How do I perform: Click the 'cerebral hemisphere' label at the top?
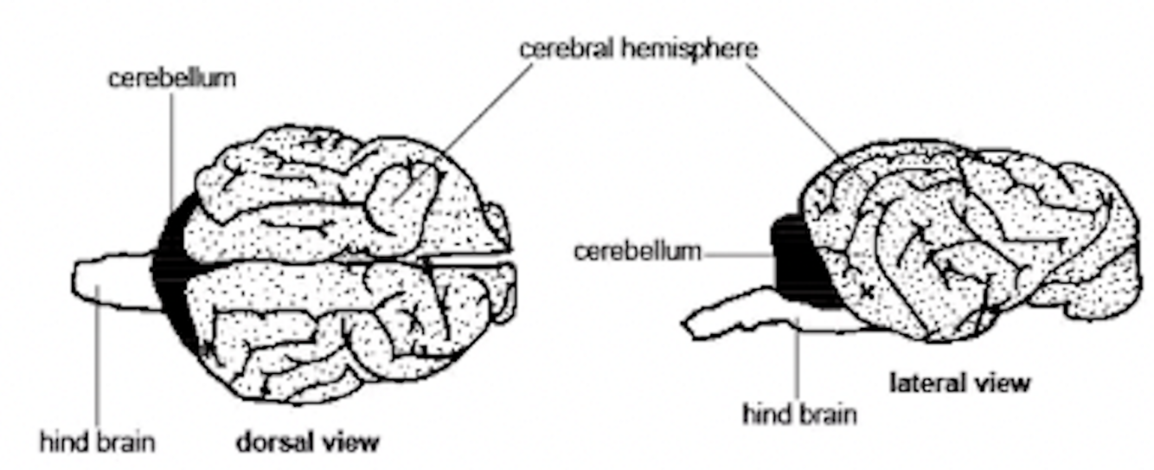tap(638, 48)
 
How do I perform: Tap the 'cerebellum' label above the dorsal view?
tap(171, 78)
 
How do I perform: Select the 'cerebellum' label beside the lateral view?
tap(637, 252)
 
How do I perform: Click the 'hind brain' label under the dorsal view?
tap(97, 443)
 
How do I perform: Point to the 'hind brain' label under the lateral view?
tap(799, 414)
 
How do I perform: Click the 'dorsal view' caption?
tap(308, 442)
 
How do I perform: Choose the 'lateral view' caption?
tap(960, 382)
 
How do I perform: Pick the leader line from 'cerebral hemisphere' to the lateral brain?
tap(792, 108)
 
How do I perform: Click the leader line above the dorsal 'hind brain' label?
tap(98, 364)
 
